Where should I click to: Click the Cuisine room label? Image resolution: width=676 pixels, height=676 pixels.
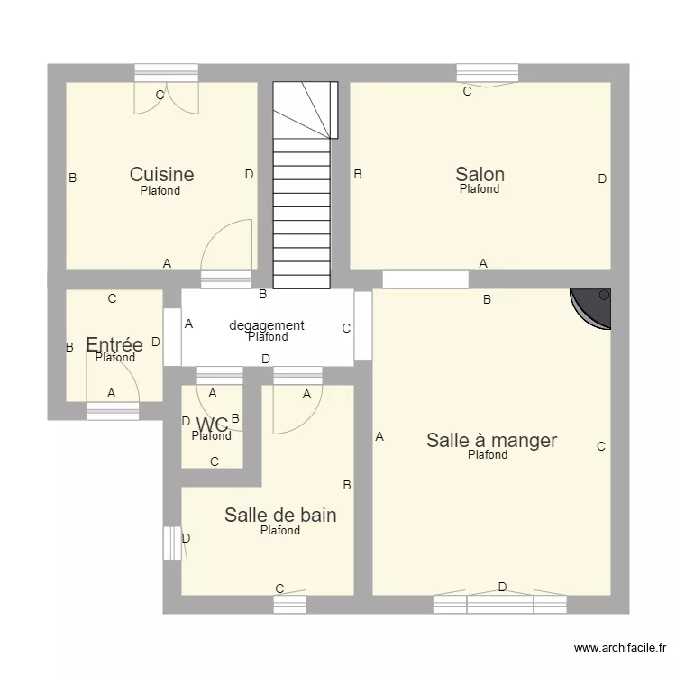click(161, 175)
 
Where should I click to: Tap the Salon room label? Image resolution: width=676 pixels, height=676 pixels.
click(480, 175)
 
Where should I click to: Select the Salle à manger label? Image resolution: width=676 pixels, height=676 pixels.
click(491, 441)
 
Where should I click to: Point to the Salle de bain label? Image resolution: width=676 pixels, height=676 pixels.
click(280, 516)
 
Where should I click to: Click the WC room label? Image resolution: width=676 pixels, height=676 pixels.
click(212, 425)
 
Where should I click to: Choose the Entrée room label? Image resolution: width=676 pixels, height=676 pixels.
click(114, 344)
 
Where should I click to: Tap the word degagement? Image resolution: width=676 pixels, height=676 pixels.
click(267, 325)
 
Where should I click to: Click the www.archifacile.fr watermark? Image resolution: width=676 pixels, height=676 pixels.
click(620, 647)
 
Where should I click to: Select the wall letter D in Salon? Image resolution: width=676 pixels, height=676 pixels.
click(602, 178)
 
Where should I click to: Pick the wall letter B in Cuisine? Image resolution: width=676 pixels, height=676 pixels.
click(73, 178)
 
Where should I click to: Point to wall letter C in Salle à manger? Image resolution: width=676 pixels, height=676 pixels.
click(601, 447)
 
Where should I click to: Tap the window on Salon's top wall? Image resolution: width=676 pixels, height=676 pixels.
click(488, 73)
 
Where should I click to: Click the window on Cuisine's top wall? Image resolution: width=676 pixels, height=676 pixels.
click(167, 73)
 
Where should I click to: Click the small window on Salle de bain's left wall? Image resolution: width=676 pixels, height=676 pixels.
click(172, 544)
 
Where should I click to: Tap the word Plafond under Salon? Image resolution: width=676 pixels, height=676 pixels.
click(480, 189)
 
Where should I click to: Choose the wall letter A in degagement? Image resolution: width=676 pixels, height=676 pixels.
click(189, 324)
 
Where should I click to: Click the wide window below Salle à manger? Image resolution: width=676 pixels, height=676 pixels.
click(499, 605)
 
